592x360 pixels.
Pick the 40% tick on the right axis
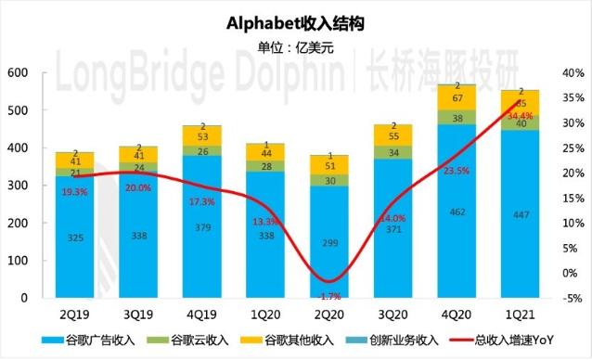[x=572, y=72]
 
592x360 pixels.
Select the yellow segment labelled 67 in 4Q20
[x=457, y=97]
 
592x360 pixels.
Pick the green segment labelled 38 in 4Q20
[x=457, y=118]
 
